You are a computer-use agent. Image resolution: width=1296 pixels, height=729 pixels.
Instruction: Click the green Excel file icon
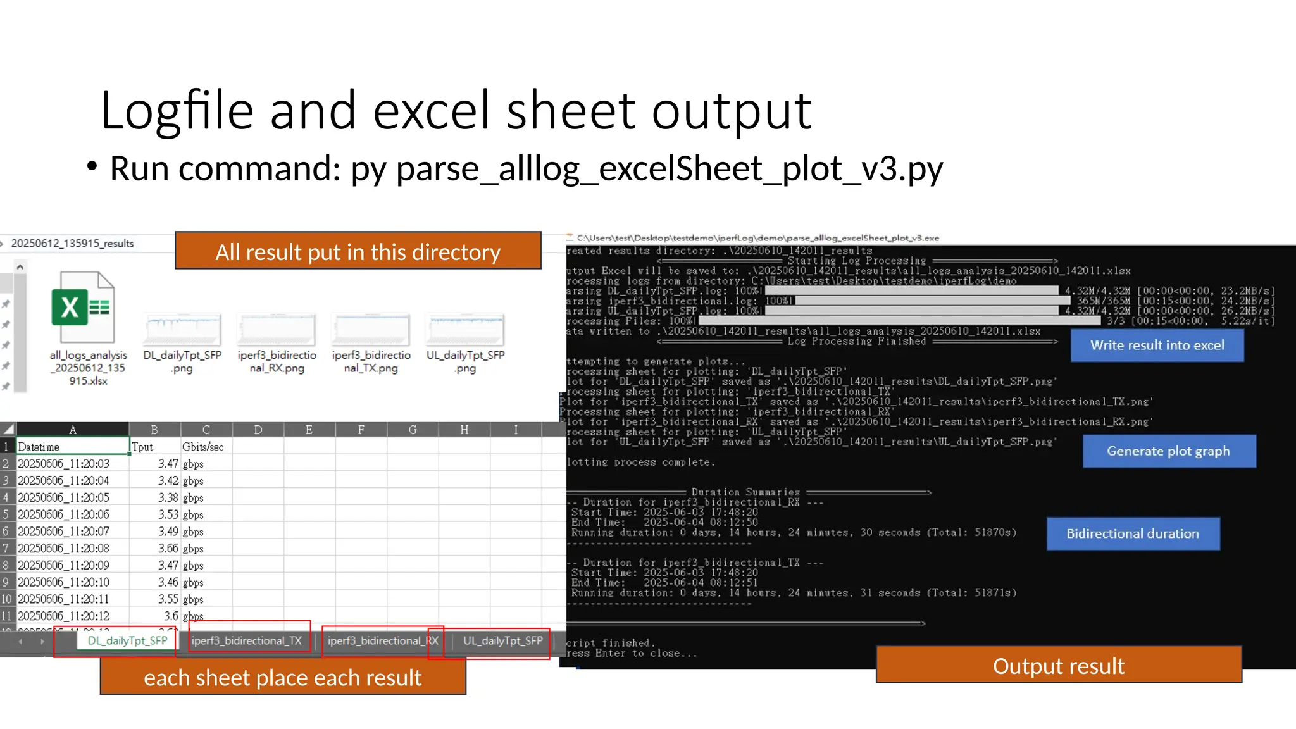point(83,308)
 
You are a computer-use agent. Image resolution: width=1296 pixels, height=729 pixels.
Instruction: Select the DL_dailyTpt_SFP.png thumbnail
point(182,330)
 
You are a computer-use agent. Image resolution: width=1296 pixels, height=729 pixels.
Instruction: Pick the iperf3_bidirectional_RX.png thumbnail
point(277,330)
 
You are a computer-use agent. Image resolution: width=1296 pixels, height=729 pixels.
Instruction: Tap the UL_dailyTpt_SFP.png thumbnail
point(465,330)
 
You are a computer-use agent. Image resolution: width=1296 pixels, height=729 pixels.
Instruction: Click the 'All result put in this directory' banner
point(358,251)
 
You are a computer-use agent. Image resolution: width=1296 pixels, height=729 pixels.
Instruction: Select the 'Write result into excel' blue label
point(1157,346)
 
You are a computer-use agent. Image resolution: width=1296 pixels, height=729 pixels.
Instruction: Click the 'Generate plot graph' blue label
point(1168,451)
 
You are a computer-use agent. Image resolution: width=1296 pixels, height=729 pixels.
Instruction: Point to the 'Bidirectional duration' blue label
point(1132,533)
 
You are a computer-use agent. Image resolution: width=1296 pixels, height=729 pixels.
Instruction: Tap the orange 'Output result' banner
point(1058,665)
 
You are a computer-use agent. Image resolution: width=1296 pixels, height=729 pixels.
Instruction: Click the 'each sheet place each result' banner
point(282,677)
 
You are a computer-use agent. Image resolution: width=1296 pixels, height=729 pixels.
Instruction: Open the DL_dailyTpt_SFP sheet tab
point(127,641)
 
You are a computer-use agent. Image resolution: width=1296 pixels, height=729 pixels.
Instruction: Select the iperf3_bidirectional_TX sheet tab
point(247,641)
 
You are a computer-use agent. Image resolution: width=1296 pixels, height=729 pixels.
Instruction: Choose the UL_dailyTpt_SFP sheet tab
point(502,641)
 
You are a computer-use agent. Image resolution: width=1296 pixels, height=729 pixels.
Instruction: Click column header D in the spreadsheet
point(258,430)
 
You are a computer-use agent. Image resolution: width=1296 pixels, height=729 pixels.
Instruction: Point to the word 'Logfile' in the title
point(177,111)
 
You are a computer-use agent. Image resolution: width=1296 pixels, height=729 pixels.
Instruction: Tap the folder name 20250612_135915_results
point(72,244)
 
